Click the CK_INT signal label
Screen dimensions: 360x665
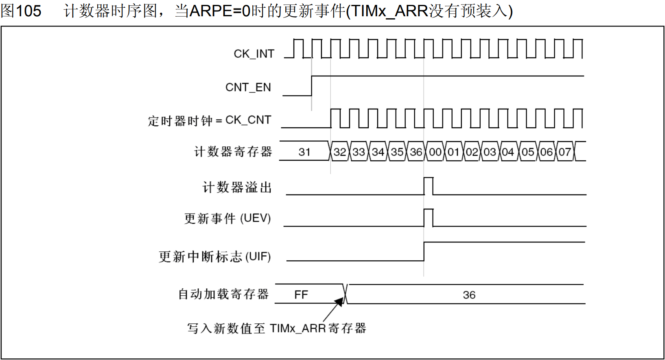click(254, 54)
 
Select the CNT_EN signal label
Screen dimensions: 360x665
click(248, 87)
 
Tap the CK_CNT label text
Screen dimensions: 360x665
click(248, 120)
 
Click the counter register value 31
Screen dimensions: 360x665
click(304, 152)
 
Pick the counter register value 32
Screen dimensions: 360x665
click(340, 152)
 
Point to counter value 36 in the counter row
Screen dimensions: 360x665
click(416, 152)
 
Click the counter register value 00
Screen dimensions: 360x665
click(435, 152)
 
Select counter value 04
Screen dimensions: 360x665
click(508, 152)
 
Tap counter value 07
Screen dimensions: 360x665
click(564, 152)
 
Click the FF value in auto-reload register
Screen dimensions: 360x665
click(301, 295)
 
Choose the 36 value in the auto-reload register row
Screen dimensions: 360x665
click(469, 295)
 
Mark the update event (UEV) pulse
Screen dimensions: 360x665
click(428, 217)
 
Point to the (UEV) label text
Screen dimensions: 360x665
click(255, 218)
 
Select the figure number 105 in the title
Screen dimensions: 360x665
click(28, 11)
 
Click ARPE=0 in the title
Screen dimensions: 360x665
click(219, 11)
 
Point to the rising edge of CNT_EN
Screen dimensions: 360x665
click(312, 85)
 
